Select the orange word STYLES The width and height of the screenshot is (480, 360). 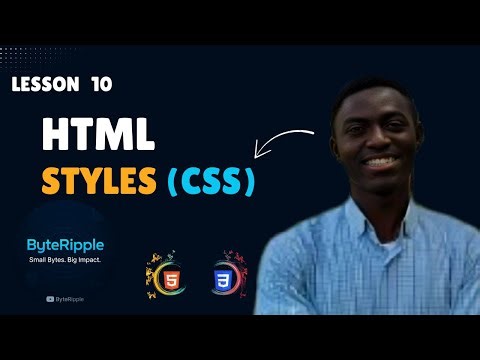(97, 183)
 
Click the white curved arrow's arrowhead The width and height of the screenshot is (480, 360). (262, 153)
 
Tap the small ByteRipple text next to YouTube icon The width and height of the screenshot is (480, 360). (71, 297)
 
